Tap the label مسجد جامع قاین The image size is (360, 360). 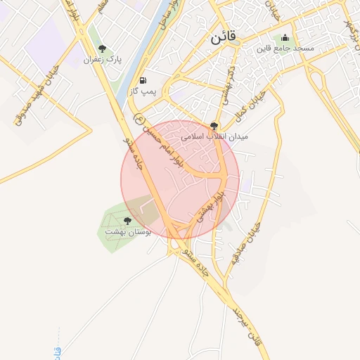point(284,49)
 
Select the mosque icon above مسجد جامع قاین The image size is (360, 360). point(285,38)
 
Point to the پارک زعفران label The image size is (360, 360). point(103,60)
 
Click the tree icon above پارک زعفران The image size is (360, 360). point(103,49)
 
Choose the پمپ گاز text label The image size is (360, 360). point(143,91)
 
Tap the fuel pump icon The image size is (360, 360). point(143,80)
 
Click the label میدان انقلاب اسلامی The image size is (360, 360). point(214,135)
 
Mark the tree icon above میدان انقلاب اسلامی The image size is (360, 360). point(214,124)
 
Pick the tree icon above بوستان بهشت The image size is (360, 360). point(127,220)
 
